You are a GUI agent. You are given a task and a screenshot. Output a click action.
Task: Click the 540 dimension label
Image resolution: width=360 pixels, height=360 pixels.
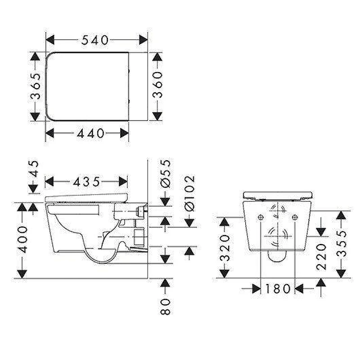pos(95,40)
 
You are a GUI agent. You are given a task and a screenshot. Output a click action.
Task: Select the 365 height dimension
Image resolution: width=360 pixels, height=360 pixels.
pos(36,86)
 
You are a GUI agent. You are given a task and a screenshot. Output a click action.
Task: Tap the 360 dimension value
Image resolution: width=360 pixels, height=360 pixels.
pos(157,85)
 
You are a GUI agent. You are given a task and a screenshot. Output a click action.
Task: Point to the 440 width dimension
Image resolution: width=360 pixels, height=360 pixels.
pos(91,133)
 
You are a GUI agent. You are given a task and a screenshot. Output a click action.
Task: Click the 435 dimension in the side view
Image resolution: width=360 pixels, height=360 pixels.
pos(86,182)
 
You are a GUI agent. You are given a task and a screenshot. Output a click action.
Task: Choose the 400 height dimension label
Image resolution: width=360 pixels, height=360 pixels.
pos(22,239)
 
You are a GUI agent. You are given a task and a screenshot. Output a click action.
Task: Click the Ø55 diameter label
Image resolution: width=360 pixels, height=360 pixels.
pos(166,174)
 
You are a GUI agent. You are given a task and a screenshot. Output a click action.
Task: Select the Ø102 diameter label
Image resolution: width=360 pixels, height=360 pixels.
pos(189,193)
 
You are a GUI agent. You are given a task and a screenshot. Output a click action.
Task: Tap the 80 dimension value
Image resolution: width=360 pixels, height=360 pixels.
pos(165,306)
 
